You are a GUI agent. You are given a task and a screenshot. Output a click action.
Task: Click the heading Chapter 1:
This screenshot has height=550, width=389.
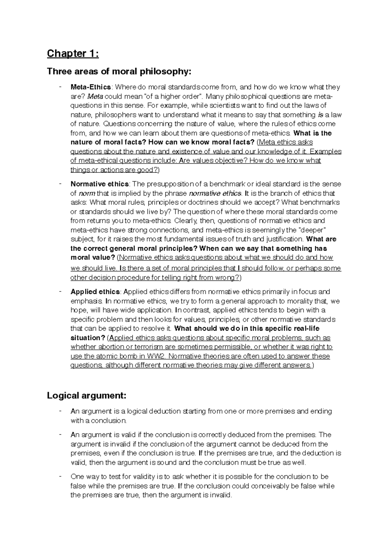pyautogui.click(x=73, y=53)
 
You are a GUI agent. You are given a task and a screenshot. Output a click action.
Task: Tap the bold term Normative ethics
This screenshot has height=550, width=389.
pyautogui.click(x=100, y=184)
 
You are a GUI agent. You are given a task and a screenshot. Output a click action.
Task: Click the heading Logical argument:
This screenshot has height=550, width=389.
pyautogui.click(x=86, y=395)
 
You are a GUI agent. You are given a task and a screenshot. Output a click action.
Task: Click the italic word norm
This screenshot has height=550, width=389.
pyautogui.click(x=87, y=193)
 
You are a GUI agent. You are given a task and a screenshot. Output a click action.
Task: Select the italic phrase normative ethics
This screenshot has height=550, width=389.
pyautogui.click(x=215, y=193)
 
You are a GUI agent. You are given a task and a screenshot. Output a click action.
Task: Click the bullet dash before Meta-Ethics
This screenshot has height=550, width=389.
pyautogui.click(x=60, y=87)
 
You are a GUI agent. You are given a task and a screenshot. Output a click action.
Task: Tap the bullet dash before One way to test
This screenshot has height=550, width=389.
pyautogui.click(x=60, y=476)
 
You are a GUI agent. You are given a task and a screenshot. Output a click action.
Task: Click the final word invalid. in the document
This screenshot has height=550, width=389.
pyautogui.click(x=221, y=495)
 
